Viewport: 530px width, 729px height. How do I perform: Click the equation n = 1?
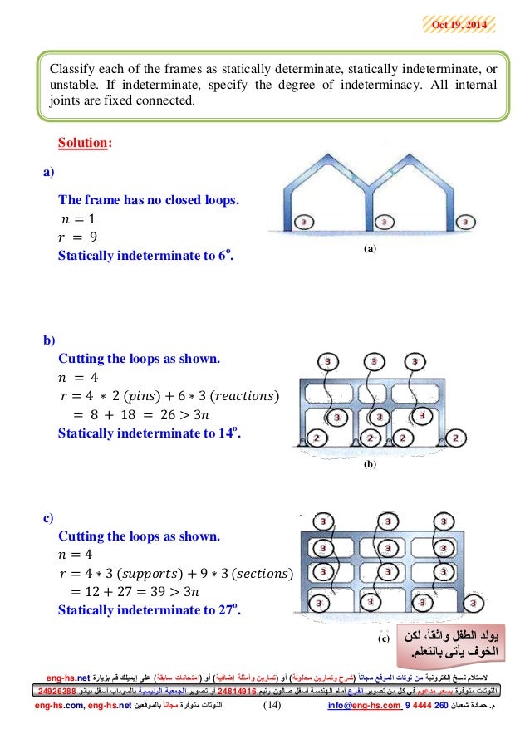point(79,219)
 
